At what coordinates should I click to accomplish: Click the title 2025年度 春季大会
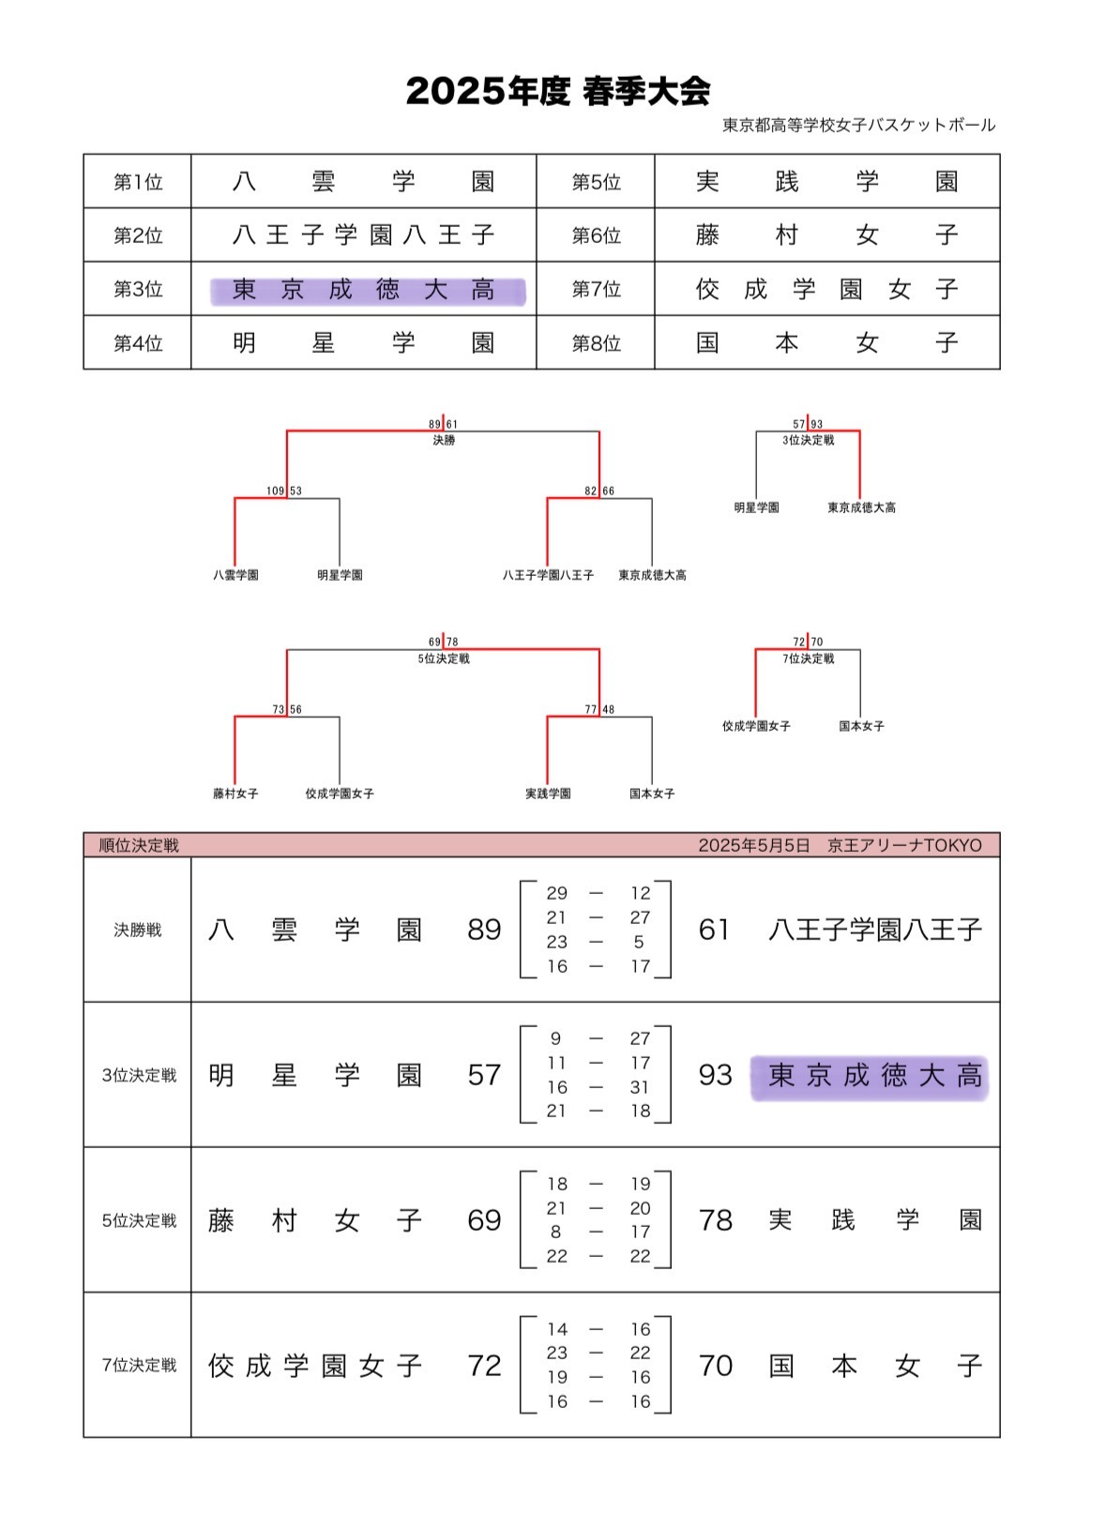point(558,91)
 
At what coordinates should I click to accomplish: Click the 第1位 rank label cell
point(138,182)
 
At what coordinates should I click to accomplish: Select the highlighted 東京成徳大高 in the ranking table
point(366,290)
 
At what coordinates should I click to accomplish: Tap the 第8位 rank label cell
point(596,343)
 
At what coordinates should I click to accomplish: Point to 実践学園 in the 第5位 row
point(826,182)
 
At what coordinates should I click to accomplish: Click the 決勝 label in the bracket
point(444,440)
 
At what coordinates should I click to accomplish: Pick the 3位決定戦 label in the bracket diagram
point(808,440)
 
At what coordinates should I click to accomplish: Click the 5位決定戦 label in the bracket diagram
point(444,658)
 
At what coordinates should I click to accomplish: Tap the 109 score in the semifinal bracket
point(275,491)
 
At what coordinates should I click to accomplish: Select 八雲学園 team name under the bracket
point(235,575)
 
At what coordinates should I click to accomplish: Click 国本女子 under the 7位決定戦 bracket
point(861,726)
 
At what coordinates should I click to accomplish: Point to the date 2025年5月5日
point(753,845)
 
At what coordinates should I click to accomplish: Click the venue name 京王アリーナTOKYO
point(904,845)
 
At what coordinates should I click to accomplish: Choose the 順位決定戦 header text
point(139,845)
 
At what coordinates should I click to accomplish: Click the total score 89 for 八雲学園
point(484,930)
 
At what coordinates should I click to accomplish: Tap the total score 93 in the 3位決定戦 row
point(715,1075)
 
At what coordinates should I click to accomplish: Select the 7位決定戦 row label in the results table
point(139,1365)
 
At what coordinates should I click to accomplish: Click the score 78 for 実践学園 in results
point(715,1220)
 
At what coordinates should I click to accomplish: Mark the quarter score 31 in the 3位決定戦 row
point(640,1087)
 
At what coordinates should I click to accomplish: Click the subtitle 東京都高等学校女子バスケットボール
point(858,125)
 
